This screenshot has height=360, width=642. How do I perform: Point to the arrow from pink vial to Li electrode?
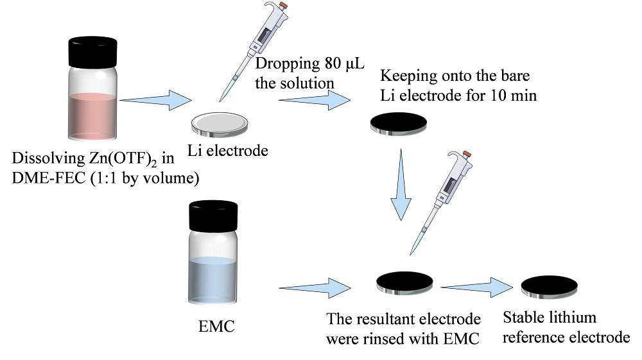157,99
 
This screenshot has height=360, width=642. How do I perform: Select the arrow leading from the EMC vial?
311,286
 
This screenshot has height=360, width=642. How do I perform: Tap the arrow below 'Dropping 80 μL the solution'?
311,99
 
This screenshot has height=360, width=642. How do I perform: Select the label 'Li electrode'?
227,151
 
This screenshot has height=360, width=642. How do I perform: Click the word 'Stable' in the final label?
523,319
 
